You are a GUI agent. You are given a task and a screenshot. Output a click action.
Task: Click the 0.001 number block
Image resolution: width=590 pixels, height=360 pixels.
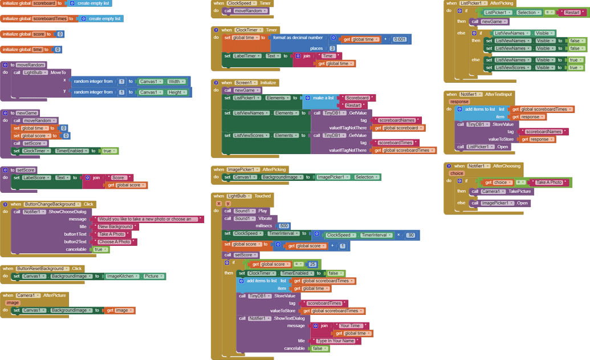point(400,39)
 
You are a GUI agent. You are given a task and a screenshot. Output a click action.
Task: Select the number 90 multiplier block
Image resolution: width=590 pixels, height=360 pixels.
point(410,235)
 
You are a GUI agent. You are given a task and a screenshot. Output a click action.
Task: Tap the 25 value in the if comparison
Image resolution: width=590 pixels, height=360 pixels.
point(312,264)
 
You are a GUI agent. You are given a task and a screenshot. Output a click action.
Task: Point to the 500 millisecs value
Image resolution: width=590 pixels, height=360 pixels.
point(284,226)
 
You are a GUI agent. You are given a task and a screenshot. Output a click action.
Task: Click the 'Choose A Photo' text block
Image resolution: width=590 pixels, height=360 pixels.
point(115,242)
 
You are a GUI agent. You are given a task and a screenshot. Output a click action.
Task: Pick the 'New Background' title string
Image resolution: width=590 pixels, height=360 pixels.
point(115,226)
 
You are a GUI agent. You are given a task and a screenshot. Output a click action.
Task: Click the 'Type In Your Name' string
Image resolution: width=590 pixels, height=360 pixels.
point(336,341)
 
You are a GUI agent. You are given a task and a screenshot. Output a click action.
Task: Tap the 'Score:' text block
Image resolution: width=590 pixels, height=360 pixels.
point(119,177)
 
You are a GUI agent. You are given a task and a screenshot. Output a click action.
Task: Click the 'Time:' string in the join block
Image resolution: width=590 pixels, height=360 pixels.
point(328,56)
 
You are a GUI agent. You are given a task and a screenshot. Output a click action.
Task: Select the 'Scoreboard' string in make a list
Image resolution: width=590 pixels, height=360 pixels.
point(357,98)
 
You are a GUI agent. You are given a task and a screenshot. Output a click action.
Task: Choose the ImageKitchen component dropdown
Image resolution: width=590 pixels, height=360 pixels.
point(121,276)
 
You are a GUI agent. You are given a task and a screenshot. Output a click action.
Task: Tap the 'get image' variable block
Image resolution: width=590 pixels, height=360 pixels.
point(119,310)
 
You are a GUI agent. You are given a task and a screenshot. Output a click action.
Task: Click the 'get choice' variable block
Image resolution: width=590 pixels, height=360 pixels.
point(497,183)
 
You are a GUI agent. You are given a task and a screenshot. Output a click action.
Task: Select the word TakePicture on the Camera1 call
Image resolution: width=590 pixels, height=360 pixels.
point(519,192)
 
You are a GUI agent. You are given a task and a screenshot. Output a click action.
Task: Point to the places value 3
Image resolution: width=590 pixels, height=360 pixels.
point(332,48)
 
